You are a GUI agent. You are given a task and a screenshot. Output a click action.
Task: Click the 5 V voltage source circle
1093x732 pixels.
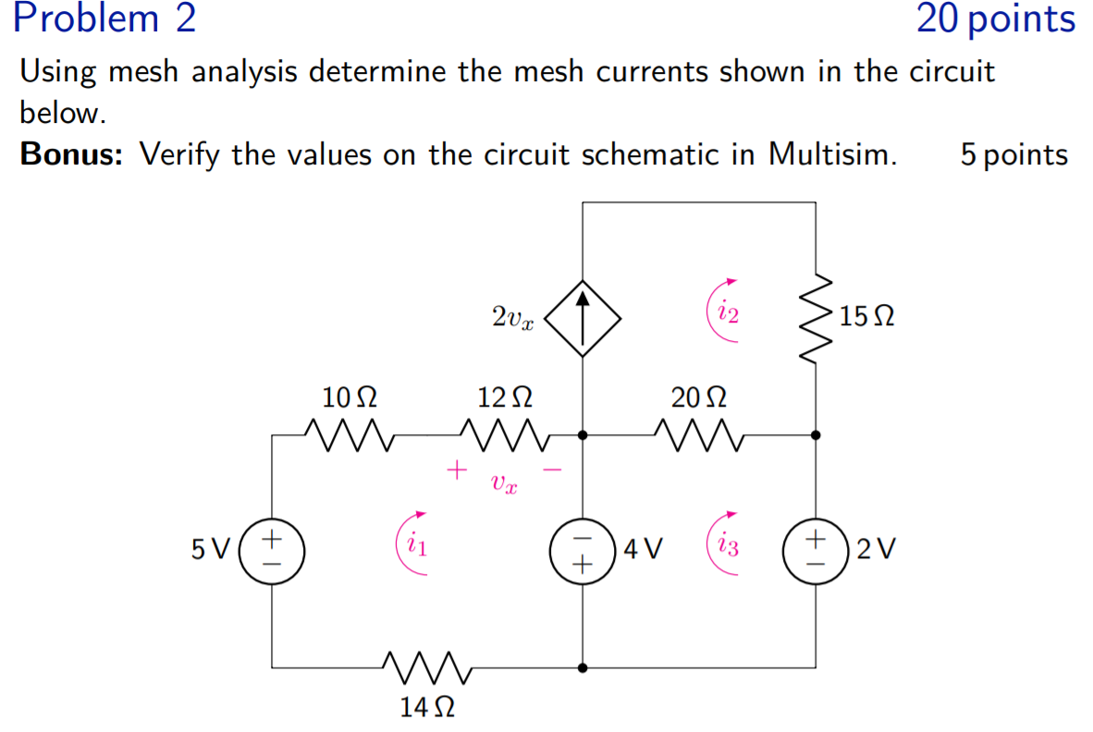click(x=273, y=549)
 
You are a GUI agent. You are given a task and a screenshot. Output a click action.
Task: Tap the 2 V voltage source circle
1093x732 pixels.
click(x=816, y=549)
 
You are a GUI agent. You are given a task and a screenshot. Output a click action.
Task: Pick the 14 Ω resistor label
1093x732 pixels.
click(x=426, y=708)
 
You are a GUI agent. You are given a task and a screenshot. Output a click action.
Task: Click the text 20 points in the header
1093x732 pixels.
click(x=996, y=19)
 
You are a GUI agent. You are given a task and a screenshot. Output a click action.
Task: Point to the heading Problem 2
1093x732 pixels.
click(x=106, y=19)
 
